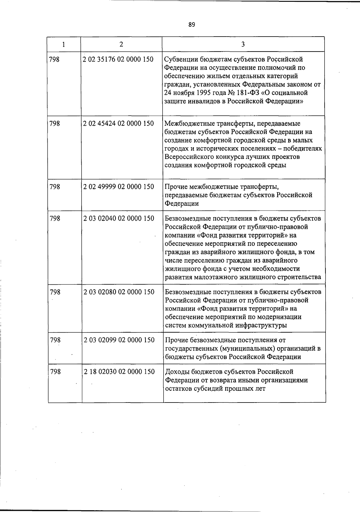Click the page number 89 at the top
(192, 25)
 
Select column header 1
(64, 44)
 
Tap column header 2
(121, 44)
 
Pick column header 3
(243, 44)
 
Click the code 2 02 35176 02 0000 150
(118, 59)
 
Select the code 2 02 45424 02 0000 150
(118, 123)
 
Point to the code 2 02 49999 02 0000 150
(118, 187)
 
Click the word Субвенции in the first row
(181, 59)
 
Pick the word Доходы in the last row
(176, 372)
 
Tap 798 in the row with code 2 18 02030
(55, 372)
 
